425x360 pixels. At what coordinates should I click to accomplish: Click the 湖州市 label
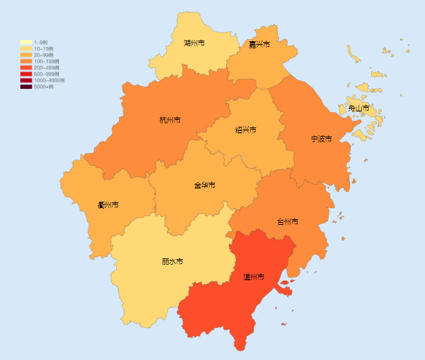click(194, 43)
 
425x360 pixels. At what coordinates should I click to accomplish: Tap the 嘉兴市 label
click(260, 44)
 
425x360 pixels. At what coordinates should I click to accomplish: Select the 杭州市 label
click(170, 120)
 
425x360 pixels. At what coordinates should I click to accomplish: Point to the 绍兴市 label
click(246, 130)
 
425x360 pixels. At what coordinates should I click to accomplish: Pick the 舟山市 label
click(358, 109)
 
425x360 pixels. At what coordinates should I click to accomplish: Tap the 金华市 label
click(204, 186)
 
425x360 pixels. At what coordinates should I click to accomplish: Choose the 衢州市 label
click(108, 205)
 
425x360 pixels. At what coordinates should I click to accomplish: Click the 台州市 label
click(287, 221)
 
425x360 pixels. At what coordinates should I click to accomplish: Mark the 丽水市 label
click(172, 261)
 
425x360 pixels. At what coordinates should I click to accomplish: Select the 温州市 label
click(253, 277)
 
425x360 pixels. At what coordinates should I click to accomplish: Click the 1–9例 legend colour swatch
click(25, 42)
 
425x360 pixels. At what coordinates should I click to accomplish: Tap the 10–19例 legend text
click(43, 48)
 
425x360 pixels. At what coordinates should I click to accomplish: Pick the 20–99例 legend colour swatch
click(25, 55)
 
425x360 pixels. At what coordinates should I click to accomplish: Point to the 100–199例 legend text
click(46, 62)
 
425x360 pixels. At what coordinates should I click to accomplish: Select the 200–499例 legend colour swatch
click(25, 68)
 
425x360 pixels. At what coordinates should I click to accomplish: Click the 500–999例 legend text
click(46, 74)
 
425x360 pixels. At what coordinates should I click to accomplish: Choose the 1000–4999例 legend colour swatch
click(25, 81)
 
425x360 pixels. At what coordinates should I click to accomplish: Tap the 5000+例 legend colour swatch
click(25, 87)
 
